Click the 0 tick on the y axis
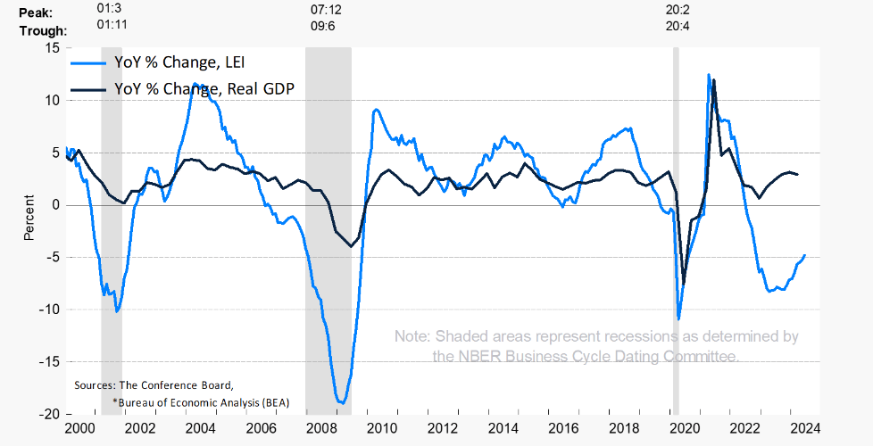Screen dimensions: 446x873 click(54, 205)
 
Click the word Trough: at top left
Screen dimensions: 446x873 click(42, 29)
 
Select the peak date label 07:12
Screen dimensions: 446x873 click(326, 10)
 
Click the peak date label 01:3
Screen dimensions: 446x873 click(108, 10)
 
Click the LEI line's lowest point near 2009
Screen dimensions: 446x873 click(340, 403)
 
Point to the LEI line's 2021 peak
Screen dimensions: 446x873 click(708, 75)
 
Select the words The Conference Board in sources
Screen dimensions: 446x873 click(175, 385)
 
